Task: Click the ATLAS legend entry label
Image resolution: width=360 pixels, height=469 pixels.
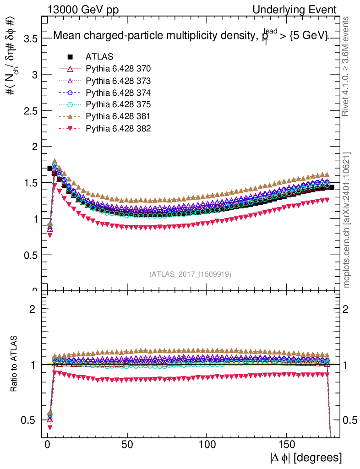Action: pyautogui.click(x=99, y=57)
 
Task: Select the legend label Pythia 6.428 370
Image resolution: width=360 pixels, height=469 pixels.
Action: pyautogui.click(x=118, y=69)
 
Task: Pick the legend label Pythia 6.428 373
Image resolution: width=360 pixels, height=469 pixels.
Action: pyautogui.click(x=118, y=81)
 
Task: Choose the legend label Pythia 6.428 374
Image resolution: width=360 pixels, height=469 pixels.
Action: pyautogui.click(x=118, y=93)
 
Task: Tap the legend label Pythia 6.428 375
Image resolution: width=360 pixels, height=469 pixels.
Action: pyautogui.click(x=118, y=104)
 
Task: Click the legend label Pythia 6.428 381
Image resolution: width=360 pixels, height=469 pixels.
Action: pyautogui.click(x=118, y=116)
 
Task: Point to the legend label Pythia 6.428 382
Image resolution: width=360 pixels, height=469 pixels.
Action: pyautogui.click(x=118, y=128)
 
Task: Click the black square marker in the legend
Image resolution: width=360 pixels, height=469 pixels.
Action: pyautogui.click(x=70, y=57)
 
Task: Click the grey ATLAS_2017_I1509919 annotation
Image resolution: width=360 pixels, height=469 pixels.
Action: pyautogui.click(x=190, y=274)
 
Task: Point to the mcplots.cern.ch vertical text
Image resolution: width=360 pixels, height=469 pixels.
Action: pyautogui.click(x=348, y=220)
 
